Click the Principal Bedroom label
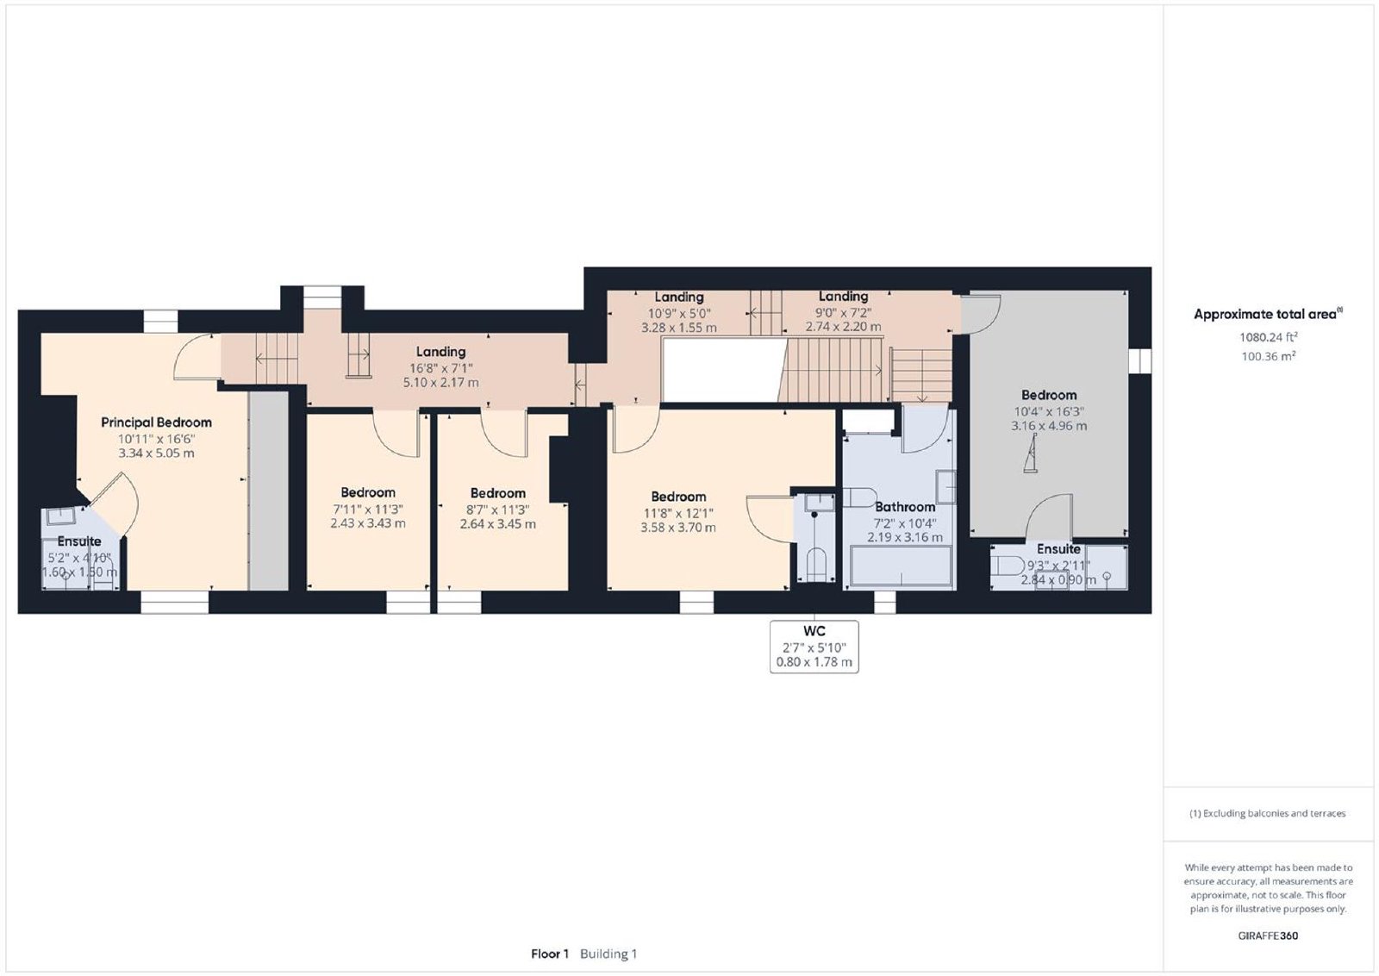156,422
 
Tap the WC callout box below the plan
814,647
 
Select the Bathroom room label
905,507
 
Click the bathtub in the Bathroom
902,565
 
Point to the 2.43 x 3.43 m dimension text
368,523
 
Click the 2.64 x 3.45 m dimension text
498,524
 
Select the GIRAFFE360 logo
1268,936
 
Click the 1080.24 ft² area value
1269,337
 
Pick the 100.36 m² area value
1269,356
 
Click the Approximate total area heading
1268,314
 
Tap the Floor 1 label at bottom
550,954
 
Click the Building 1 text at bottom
608,954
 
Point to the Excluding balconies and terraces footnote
1268,813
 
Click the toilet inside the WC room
815,563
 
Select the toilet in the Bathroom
859,497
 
